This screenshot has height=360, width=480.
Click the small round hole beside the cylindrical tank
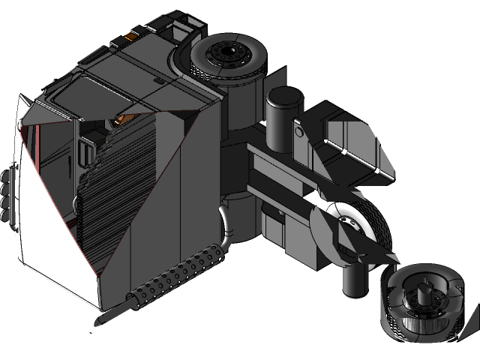[x=299, y=133]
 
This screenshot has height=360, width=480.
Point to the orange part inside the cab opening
[x=121, y=118]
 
